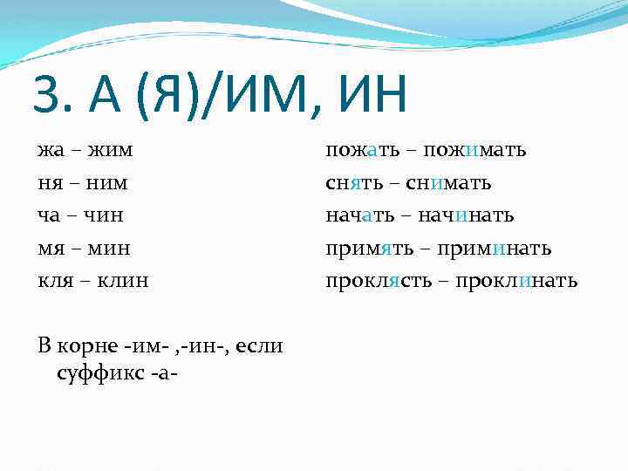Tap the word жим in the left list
coord(110,150)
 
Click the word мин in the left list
coord(109,249)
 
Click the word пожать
coord(363,150)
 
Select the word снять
coord(354,183)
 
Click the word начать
coord(358,215)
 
